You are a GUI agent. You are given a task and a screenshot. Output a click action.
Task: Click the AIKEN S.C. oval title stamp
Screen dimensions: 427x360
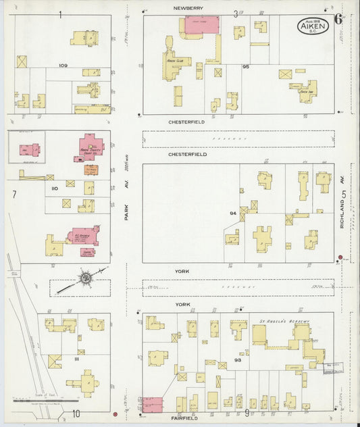313,27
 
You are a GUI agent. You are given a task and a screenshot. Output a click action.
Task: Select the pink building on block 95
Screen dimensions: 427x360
201,24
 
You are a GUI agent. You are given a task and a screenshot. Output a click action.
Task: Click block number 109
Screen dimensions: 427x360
63,66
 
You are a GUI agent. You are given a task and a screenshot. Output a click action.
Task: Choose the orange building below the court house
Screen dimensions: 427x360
91,169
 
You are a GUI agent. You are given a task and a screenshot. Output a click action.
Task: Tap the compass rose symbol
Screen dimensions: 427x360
86,277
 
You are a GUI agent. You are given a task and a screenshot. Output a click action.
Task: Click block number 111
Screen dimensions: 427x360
76,359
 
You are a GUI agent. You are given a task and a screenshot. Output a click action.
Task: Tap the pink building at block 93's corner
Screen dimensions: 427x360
153,404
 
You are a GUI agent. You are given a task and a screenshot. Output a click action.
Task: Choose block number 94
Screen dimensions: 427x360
232,214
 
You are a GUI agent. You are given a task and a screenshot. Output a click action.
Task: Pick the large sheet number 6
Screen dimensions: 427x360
338,18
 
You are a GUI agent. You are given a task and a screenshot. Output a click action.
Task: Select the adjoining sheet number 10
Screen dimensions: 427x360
77,413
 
